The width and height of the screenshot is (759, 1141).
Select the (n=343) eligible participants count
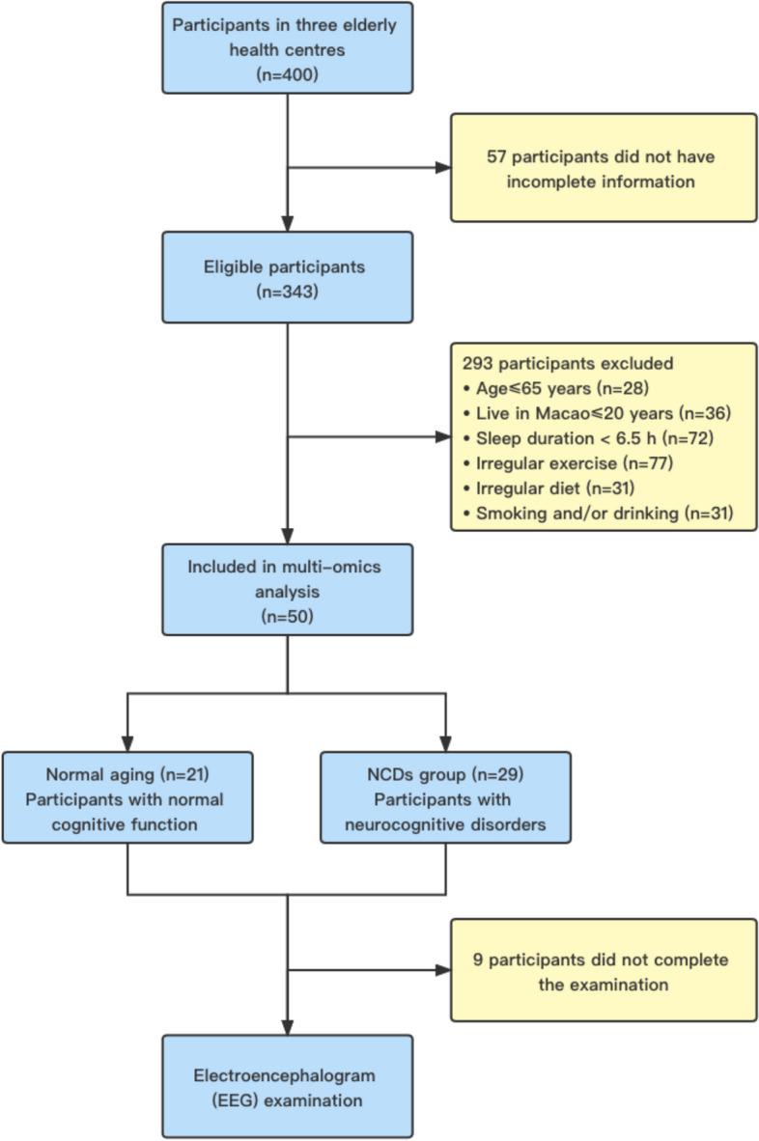[287, 290]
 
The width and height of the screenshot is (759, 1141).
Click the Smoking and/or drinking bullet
[593, 514]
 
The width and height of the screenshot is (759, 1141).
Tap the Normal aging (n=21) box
[128, 796]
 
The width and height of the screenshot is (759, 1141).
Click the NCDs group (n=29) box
[445, 796]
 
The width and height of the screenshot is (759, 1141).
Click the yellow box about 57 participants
[604, 167]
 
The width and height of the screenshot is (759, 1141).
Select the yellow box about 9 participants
[604, 970]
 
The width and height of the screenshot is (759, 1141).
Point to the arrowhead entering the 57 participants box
[443, 167]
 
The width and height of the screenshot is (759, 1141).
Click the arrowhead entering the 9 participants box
[443, 970]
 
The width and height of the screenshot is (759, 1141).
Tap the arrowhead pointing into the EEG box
[288, 1028]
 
